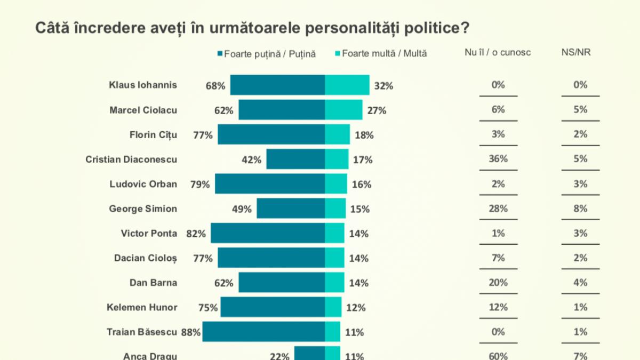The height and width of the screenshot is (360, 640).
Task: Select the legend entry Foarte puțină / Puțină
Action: (x=266, y=53)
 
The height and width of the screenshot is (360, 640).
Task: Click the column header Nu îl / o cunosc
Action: (x=498, y=52)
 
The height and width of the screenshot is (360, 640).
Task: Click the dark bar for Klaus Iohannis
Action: (x=277, y=85)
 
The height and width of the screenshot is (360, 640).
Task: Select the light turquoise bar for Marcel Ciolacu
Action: (x=343, y=110)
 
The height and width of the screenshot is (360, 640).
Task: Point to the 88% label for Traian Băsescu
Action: (x=191, y=332)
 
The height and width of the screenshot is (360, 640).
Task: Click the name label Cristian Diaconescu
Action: (x=131, y=159)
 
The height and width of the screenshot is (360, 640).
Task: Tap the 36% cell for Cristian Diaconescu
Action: (x=498, y=159)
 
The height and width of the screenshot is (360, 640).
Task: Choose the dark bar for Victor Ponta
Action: (x=268, y=233)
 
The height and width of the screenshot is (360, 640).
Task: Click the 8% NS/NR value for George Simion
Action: (x=580, y=209)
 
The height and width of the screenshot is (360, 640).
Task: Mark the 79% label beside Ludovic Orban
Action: (x=201, y=184)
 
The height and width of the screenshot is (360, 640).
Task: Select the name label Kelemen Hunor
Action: (x=142, y=307)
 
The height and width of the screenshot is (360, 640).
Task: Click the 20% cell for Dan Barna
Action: (x=498, y=283)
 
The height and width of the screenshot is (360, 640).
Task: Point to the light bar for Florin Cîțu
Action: (x=337, y=134)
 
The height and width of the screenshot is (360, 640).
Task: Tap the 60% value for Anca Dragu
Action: (x=498, y=356)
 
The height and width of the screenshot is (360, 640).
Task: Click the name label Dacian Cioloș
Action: (x=146, y=258)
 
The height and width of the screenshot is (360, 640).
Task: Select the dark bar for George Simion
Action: (x=291, y=209)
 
